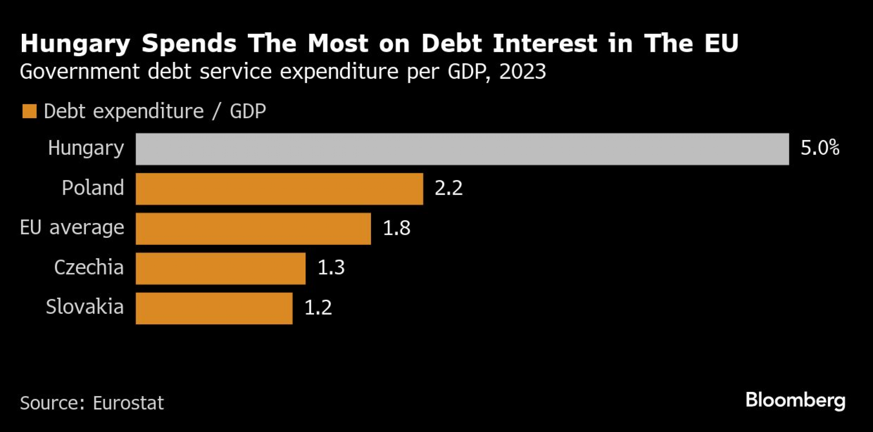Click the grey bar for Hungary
click(x=462, y=149)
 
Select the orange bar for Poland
click(x=279, y=189)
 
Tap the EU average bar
click(x=253, y=229)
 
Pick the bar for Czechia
click(x=220, y=268)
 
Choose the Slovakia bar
click(x=214, y=308)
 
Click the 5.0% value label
click(x=820, y=148)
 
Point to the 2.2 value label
click(x=448, y=188)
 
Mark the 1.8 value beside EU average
click(x=396, y=228)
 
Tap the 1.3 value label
click(x=331, y=267)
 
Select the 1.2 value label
click(x=318, y=308)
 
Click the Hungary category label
click(x=86, y=148)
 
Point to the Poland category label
click(x=93, y=188)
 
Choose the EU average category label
click(x=72, y=227)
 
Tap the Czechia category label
click(x=89, y=267)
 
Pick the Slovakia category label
click(x=85, y=307)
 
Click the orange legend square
click(x=29, y=111)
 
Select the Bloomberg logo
click(x=795, y=401)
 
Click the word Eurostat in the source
click(x=128, y=403)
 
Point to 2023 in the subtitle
click(x=522, y=72)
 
